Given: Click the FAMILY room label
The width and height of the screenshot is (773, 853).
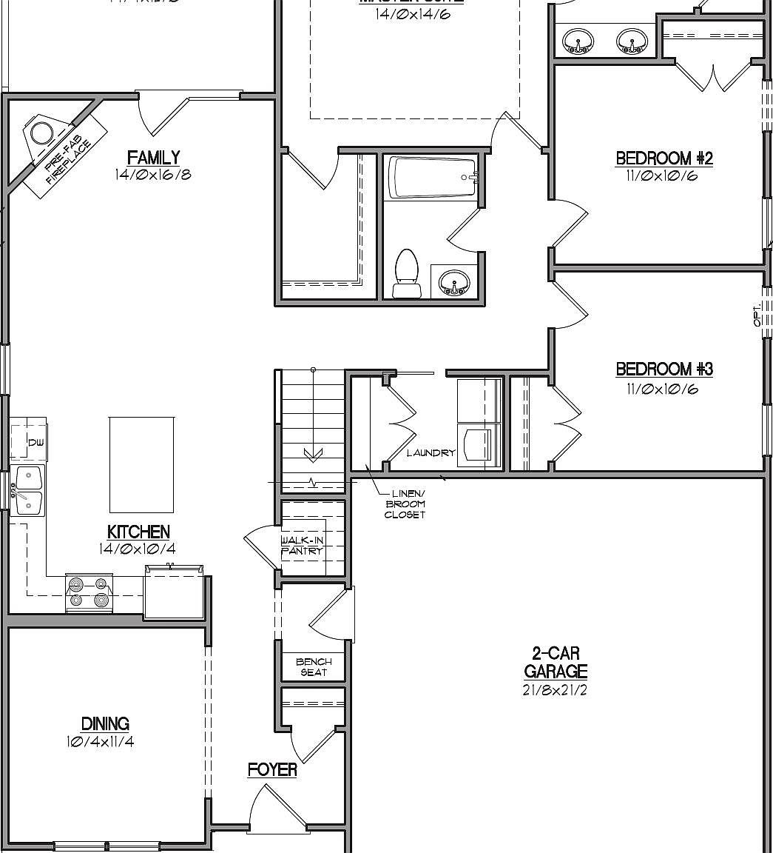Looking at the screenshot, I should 153,158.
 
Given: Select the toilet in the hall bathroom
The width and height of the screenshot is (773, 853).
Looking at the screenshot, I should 405,272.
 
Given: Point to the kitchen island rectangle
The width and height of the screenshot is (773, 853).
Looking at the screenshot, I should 141,464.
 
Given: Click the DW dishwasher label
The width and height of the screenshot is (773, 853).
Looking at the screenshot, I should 36,443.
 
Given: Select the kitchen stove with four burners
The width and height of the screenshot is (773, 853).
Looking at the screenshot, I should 89,593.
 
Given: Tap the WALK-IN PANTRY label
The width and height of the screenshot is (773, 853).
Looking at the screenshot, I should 302,546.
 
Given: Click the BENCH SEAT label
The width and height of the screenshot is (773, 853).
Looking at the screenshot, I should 314,667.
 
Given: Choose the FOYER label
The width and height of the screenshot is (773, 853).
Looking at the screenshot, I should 272,770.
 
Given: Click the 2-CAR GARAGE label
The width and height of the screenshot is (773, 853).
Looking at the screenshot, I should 556,663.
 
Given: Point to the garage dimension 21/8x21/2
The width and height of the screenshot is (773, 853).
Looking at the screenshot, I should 556,690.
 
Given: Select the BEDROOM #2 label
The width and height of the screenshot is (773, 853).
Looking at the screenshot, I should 664,158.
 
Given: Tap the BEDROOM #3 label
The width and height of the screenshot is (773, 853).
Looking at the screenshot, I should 664,369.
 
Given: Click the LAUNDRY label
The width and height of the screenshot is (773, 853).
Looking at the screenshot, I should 431,453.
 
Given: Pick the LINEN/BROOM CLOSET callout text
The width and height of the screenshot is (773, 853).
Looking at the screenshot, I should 405,504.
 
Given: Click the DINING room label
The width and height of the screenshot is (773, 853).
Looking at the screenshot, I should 105,723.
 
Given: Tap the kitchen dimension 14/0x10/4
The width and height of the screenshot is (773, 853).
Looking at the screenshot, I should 138,549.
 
